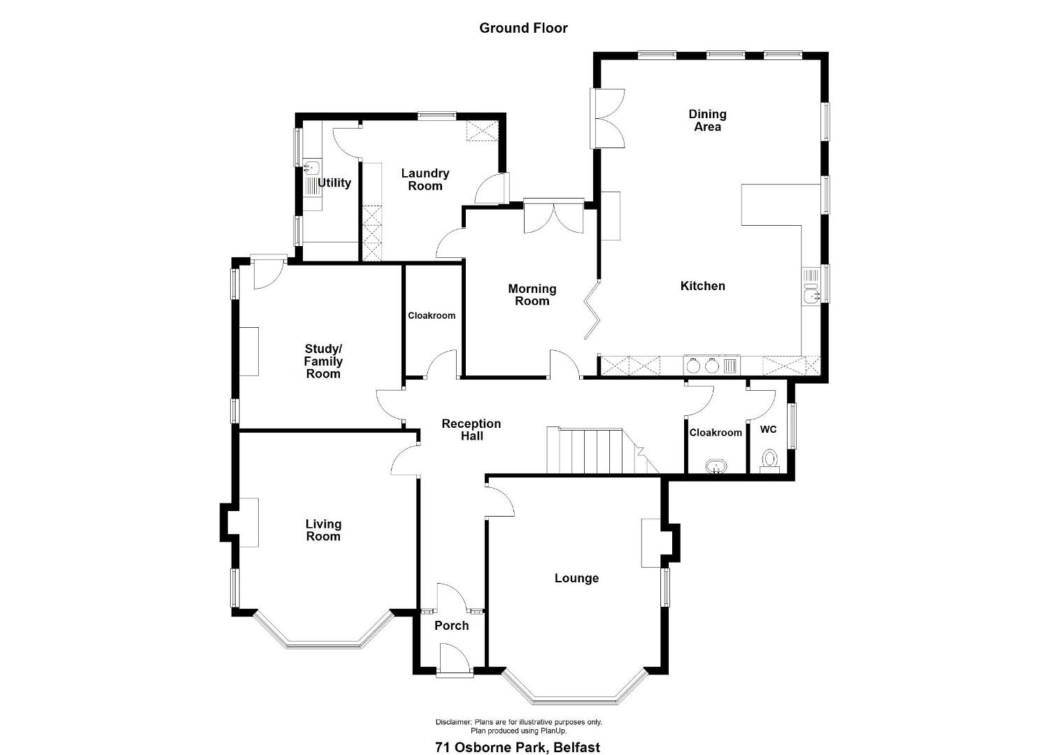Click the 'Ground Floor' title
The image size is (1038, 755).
[523, 28]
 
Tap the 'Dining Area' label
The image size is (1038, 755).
[707, 120]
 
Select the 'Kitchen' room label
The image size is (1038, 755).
[702, 286]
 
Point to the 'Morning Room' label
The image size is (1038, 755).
[532, 295]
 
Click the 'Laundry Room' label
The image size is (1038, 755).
[425, 180]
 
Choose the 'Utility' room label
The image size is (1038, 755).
[334, 183]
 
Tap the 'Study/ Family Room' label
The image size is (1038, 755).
[323, 361]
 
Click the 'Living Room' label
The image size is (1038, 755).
[323, 530]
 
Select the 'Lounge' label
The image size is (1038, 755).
[576, 578]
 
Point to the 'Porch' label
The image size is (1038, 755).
[451, 626]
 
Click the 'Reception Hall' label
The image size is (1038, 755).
[471, 430]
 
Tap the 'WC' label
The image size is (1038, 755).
[768, 429]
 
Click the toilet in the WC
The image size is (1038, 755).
[769, 461]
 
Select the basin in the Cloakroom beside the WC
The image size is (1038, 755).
[716, 466]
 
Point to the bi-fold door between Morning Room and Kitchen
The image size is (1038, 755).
[592, 310]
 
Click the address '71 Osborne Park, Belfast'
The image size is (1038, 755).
[518, 735]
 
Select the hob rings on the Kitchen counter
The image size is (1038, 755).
[703, 366]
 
